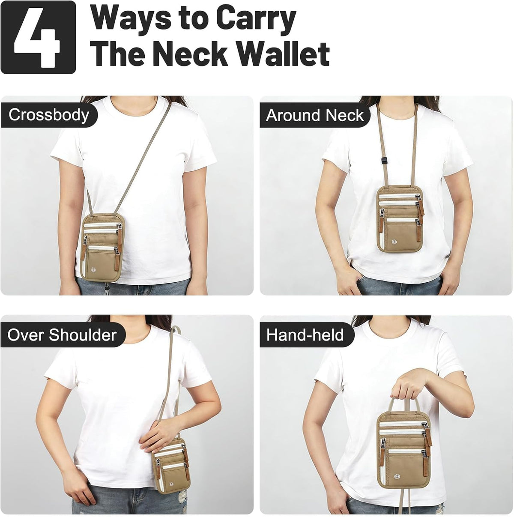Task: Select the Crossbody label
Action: (x=48, y=115)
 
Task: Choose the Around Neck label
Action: (x=314, y=115)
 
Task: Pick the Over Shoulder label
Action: (x=62, y=335)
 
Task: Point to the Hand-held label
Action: (x=305, y=335)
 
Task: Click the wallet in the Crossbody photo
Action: (x=102, y=247)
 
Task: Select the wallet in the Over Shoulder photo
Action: (x=171, y=460)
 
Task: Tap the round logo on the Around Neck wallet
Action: (x=393, y=242)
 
